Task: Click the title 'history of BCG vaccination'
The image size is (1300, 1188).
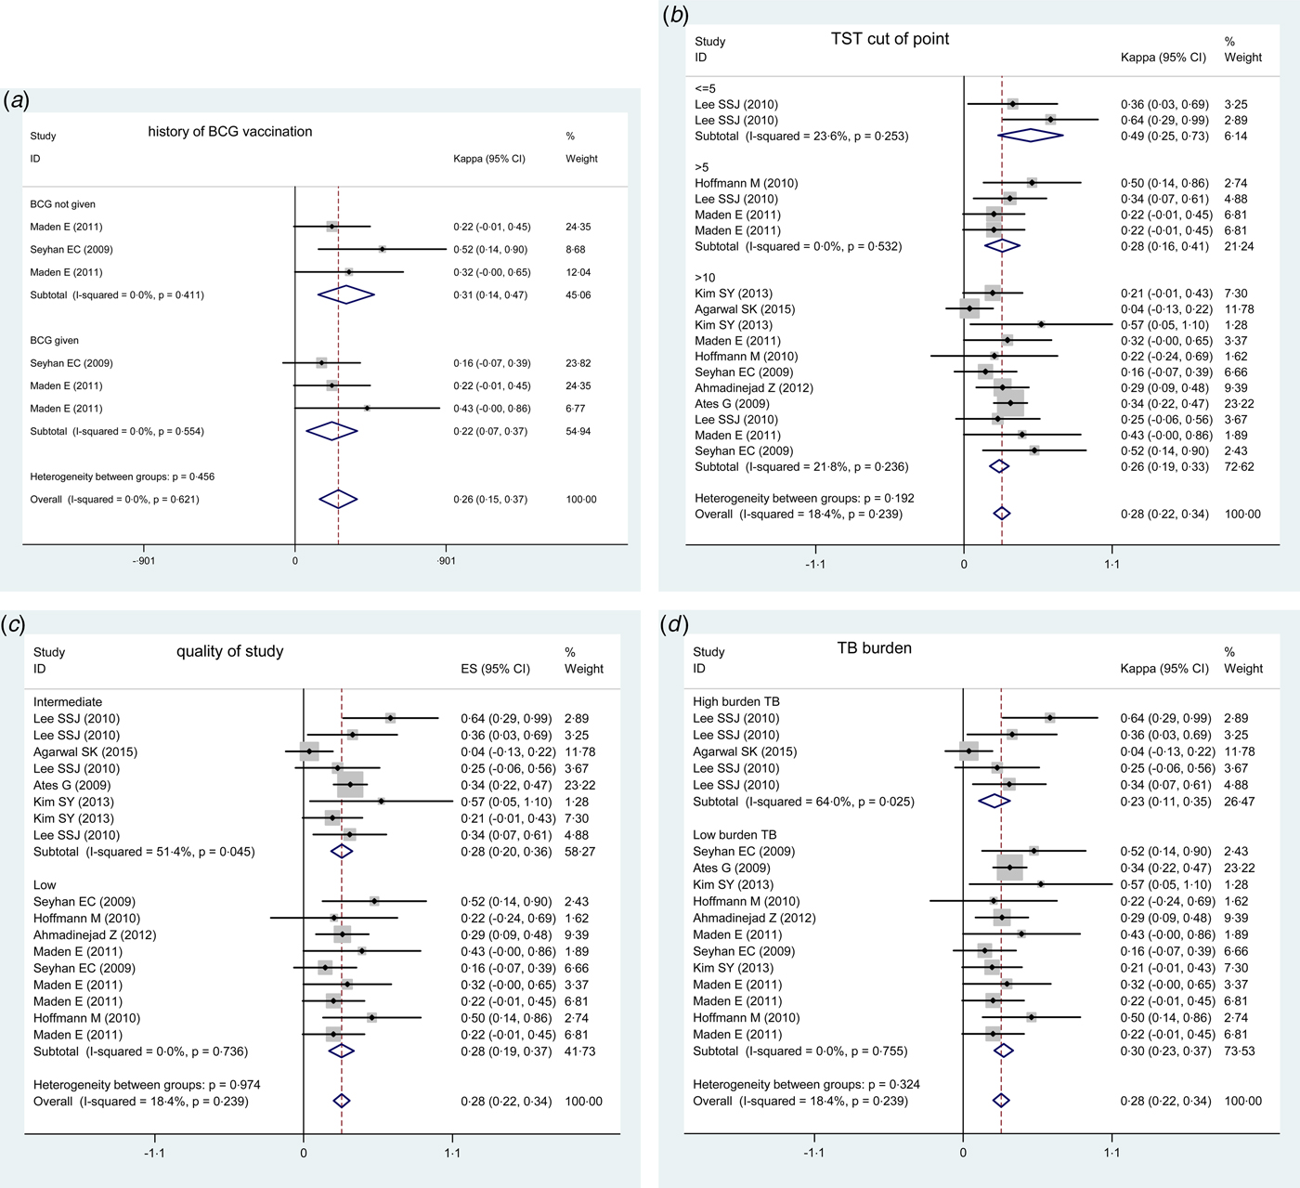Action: (x=229, y=132)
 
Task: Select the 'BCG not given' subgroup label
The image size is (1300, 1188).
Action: (x=62, y=204)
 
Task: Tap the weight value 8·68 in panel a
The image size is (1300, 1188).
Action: (x=578, y=250)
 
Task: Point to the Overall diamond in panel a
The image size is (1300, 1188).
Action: (x=338, y=500)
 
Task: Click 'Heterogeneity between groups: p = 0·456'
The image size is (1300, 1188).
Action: (x=122, y=477)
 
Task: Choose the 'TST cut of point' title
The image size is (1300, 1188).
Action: (x=890, y=39)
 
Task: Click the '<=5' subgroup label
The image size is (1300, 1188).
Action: (x=705, y=89)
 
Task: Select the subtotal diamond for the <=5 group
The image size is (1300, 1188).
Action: (x=1030, y=136)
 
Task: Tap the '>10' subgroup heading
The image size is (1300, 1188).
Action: (x=705, y=278)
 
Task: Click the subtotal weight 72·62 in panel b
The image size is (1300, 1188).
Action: (x=1239, y=467)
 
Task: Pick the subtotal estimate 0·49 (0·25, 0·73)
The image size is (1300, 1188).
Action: (x=1164, y=137)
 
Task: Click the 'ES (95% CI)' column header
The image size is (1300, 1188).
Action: (x=495, y=669)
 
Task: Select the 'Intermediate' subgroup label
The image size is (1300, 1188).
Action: (x=68, y=702)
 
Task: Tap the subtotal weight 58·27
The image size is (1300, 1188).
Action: (x=579, y=852)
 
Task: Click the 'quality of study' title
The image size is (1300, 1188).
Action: (x=229, y=651)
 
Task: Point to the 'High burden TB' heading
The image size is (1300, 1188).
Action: (x=736, y=702)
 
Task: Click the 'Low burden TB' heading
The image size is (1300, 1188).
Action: (x=734, y=835)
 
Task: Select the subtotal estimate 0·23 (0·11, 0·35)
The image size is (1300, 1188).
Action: (x=1164, y=802)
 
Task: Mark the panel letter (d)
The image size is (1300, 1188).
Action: (x=673, y=625)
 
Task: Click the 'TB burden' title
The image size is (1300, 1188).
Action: (x=874, y=648)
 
